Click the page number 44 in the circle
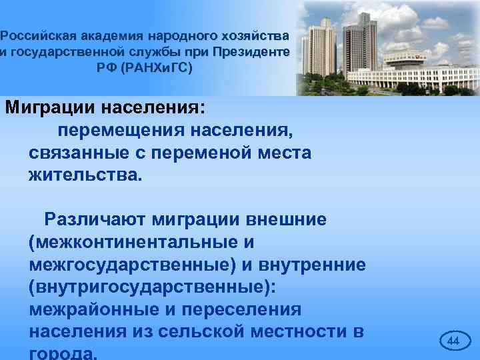coord(453,341)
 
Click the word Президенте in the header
coord(251,51)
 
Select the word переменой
coord(204,153)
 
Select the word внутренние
coord(310,265)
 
